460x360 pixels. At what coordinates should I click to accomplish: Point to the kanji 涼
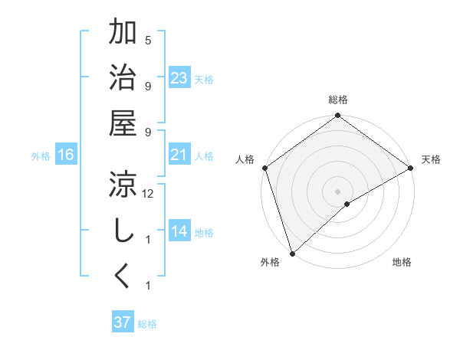coord(123,185)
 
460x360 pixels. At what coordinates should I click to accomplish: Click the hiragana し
coord(123,230)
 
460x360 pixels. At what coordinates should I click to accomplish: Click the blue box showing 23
coord(179,78)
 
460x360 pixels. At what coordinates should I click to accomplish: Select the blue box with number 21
coord(179,155)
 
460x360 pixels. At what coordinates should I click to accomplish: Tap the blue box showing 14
coord(179,231)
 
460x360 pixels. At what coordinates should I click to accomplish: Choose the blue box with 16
coord(66,155)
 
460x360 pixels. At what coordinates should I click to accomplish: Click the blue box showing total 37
coord(122,322)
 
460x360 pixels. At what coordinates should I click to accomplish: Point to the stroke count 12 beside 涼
coord(149,195)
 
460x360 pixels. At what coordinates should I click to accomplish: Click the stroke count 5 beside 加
coord(148,41)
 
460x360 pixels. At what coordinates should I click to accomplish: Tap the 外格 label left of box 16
coord(41,156)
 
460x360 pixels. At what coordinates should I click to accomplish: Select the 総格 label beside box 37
coord(147,324)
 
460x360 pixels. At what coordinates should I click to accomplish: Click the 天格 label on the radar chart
coord(431,159)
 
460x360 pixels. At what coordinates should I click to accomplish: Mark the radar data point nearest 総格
coord(337,116)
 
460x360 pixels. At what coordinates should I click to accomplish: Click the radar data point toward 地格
coord(347,204)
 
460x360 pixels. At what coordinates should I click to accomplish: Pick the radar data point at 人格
coord(265,168)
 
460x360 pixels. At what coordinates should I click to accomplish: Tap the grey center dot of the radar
coord(337,191)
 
